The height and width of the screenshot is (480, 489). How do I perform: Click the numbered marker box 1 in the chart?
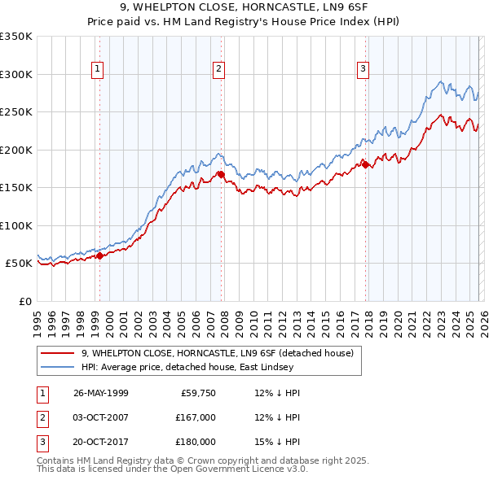point(97,70)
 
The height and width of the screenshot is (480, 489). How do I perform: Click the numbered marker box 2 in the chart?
point(219,70)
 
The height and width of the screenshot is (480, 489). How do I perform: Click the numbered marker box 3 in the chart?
point(363,70)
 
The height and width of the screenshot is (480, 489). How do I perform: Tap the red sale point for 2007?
point(221,174)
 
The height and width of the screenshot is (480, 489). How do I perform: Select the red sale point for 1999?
point(99,255)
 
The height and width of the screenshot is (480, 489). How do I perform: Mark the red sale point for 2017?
point(365,164)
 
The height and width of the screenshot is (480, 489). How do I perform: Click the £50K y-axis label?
point(19,264)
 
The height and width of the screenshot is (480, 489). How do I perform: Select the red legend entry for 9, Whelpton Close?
point(217,353)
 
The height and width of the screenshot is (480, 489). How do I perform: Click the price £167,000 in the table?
point(195,417)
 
